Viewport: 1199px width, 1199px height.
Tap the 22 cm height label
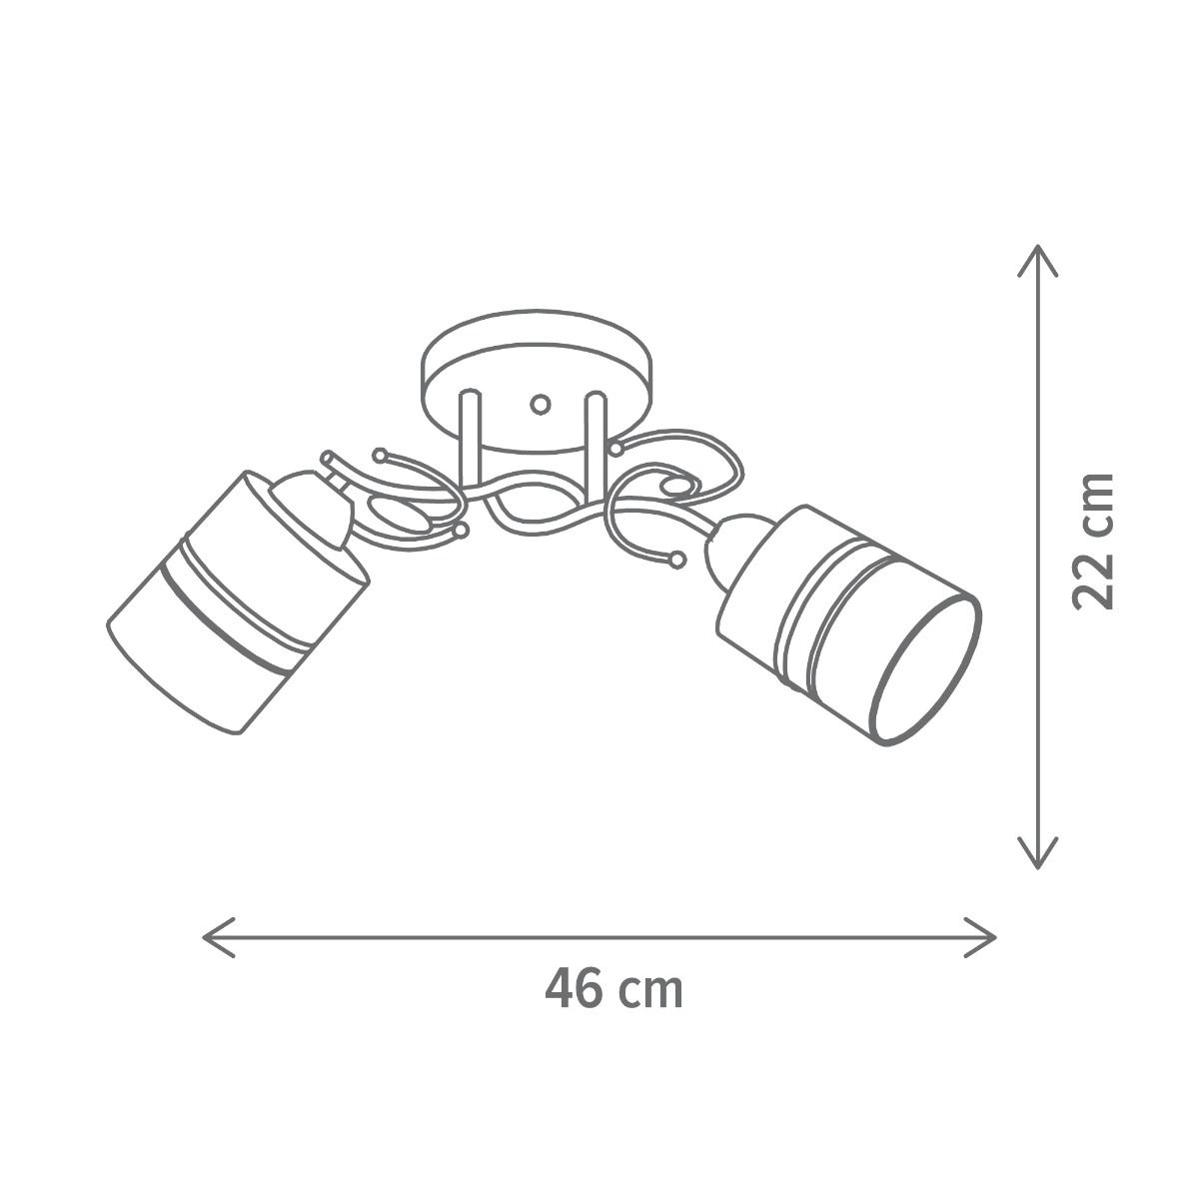coord(1093,541)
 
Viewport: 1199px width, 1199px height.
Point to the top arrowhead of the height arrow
coord(1037,260)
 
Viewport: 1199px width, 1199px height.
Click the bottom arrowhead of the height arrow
coord(1037,852)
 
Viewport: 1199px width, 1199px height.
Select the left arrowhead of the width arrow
coord(219,937)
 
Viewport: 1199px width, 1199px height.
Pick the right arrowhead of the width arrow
coord(980,937)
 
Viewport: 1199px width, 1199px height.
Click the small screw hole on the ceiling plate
coord(541,405)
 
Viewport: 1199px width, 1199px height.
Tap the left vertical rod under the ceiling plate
coord(470,439)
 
